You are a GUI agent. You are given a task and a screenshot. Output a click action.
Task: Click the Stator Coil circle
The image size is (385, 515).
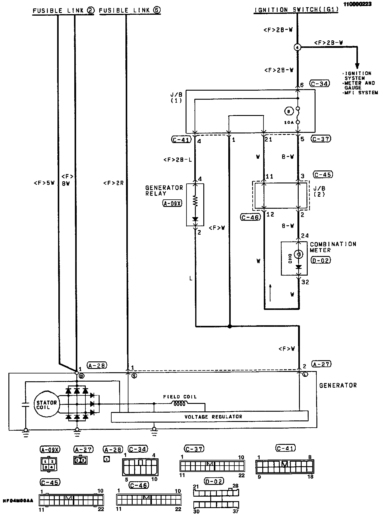click(x=47, y=404)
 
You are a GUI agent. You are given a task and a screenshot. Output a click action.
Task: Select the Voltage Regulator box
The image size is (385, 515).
click(x=210, y=417)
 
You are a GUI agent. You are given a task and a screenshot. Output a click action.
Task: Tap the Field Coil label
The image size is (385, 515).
click(x=180, y=397)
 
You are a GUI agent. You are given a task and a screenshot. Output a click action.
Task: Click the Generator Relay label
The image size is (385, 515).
click(x=164, y=190)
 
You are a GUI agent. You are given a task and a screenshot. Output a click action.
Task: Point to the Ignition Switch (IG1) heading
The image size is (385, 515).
click(x=297, y=10)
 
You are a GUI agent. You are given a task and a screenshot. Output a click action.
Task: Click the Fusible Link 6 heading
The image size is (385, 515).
click(x=130, y=11)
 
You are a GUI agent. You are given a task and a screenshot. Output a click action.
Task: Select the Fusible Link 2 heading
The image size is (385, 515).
click(x=63, y=11)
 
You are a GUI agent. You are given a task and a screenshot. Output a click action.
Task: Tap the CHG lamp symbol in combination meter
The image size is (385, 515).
click(x=298, y=255)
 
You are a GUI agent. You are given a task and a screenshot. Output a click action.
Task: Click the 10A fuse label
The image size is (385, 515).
click(x=288, y=123)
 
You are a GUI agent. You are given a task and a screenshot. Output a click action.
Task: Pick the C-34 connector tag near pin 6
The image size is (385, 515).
click(x=320, y=83)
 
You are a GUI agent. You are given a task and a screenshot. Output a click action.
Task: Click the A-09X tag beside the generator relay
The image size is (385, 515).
click(x=172, y=204)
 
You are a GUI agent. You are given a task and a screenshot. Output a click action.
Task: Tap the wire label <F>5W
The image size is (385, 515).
click(x=44, y=183)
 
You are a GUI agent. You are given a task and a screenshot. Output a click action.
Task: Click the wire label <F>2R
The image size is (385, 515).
click(x=113, y=183)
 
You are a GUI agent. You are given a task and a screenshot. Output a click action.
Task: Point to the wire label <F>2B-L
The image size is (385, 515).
click(x=177, y=160)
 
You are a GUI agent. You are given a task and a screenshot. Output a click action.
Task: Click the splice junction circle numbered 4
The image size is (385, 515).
click(x=297, y=47)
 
